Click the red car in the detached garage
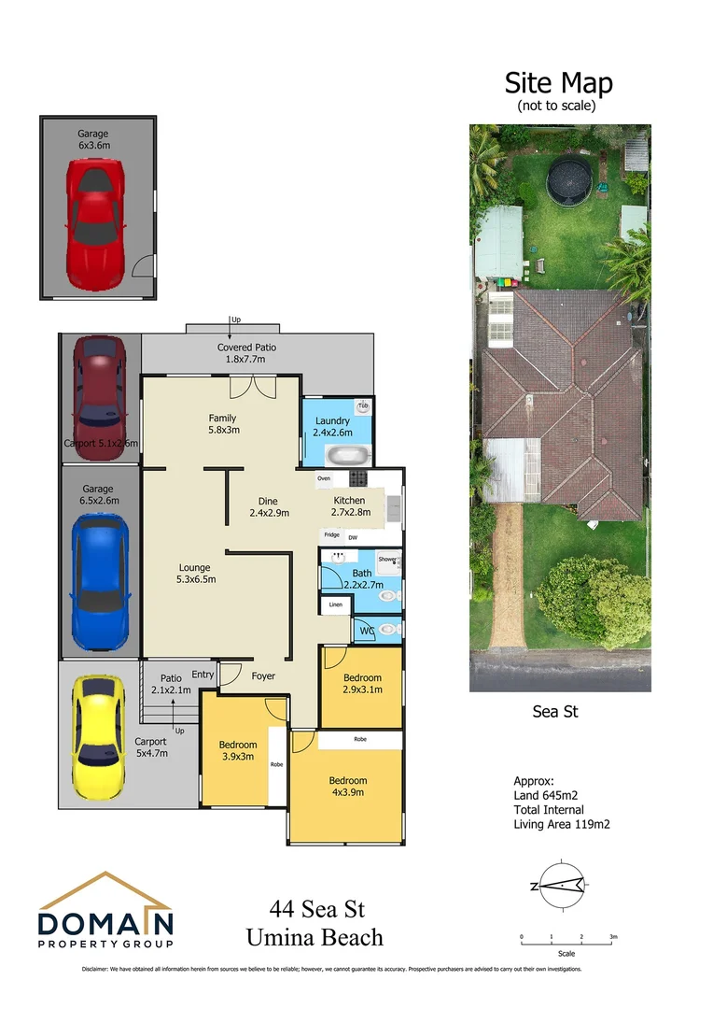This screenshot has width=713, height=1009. coord(94,214)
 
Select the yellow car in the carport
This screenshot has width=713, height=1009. coord(98,736)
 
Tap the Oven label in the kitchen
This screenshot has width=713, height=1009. coord(324,478)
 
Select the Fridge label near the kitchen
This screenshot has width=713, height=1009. coord(331,534)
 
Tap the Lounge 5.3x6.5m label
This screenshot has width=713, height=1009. coord(195,573)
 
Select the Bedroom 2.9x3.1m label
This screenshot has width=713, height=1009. coord(362,684)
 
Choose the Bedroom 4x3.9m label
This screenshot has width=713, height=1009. coord(347,786)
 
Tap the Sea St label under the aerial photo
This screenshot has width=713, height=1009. coord(555,712)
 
